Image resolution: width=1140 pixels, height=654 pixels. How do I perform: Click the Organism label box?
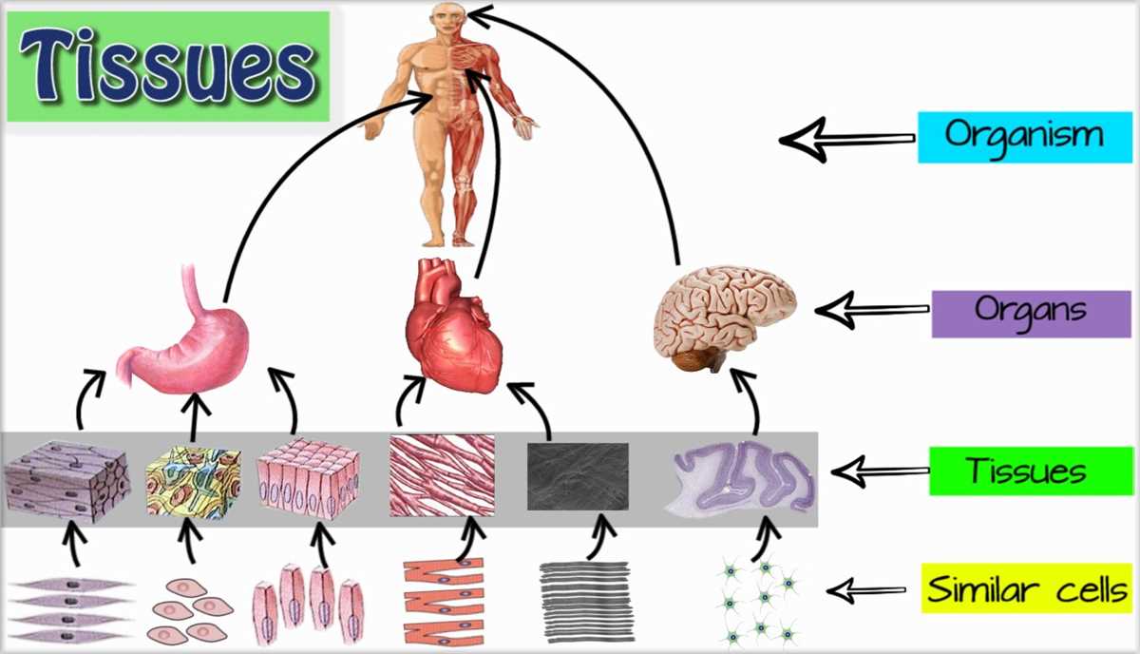point(1025,138)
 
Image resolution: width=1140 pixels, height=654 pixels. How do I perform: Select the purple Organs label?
point(1031,314)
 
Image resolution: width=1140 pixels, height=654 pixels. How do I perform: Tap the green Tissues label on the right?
point(1031,471)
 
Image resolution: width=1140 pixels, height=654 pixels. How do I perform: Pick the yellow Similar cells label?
point(1027,588)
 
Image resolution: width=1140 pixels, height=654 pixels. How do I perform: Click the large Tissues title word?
point(168,67)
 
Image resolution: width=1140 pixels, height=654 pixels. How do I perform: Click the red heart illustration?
point(454,326)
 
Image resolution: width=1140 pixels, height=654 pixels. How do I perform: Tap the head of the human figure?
point(448,18)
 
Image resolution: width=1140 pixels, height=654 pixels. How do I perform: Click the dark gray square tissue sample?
point(578,476)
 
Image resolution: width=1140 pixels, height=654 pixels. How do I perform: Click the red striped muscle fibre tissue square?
point(442,475)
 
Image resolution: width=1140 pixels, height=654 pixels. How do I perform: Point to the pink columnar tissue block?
point(309,480)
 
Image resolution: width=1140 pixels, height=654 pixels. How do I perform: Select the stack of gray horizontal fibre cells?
point(586,601)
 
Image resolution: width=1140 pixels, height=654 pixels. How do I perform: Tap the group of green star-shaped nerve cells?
point(757,601)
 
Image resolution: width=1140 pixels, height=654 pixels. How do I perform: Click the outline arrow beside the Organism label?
point(846,140)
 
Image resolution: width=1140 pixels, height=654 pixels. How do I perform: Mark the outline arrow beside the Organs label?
point(871,310)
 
